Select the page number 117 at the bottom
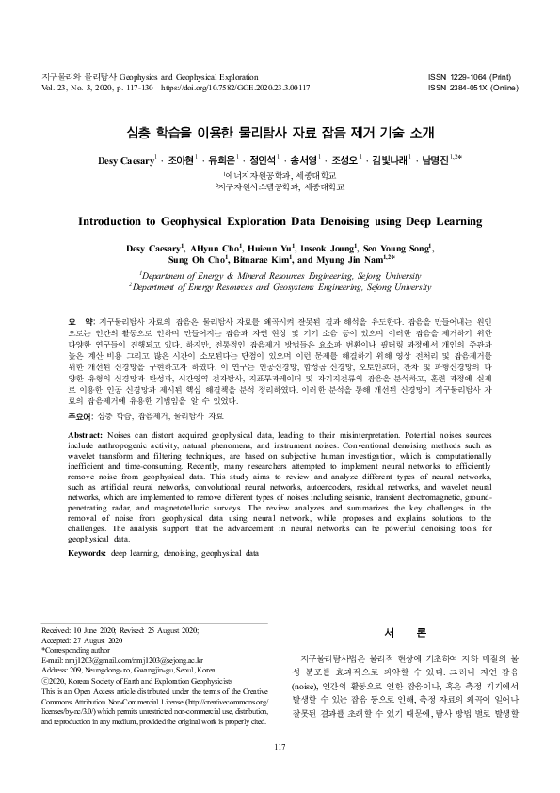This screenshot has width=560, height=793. point(280,773)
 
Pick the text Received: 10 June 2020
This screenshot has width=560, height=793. point(83,629)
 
